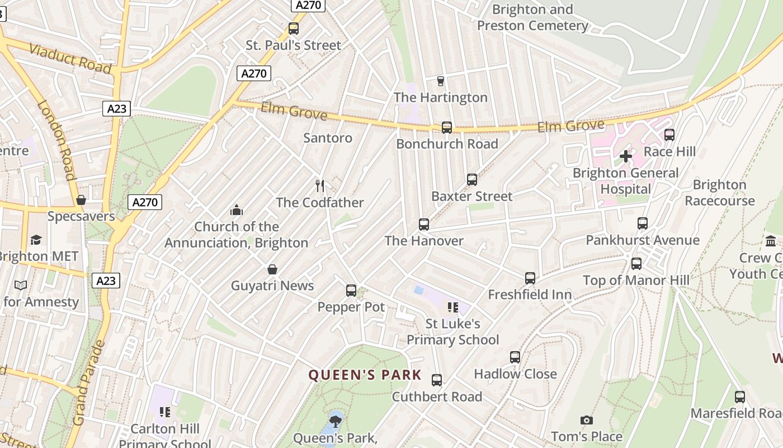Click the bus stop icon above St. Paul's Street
(294, 29)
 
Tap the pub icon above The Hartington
(440, 81)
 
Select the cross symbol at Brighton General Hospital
(626, 156)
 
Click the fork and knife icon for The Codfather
(320, 185)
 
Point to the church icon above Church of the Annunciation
(237, 210)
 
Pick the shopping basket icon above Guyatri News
(272, 269)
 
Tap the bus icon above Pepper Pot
(351, 291)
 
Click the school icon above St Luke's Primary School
(452, 307)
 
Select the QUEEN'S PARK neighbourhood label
(365, 375)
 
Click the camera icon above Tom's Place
(586, 420)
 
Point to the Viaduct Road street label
(70, 57)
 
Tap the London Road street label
(56, 139)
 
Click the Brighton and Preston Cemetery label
(532, 17)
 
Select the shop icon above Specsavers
(81, 200)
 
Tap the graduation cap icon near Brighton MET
(36, 240)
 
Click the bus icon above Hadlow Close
(515, 357)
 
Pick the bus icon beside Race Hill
(669, 135)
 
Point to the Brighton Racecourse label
(719, 193)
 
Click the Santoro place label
(328, 138)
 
